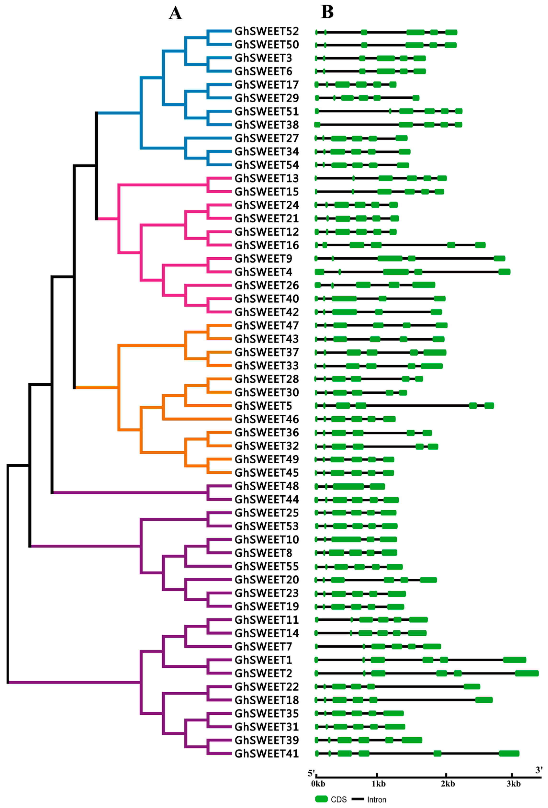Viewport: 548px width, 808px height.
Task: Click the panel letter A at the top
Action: pyautogui.click(x=175, y=13)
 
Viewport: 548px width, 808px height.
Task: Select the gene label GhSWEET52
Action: pyautogui.click(x=267, y=31)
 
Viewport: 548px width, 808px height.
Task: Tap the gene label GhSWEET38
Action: pyautogui.click(x=267, y=125)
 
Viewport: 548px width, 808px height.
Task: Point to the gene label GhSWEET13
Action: pyautogui.click(x=267, y=178)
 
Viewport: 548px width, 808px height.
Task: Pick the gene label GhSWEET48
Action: pyautogui.click(x=267, y=486)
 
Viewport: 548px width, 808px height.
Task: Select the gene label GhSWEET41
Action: pyautogui.click(x=267, y=753)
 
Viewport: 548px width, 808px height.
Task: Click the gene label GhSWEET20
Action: pyautogui.click(x=267, y=580)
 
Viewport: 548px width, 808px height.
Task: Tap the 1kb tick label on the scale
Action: pyautogui.click(x=378, y=784)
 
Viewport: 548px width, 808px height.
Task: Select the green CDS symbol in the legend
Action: pyautogui.click(x=321, y=799)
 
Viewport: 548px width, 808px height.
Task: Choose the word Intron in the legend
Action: pyautogui.click(x=377, y=800)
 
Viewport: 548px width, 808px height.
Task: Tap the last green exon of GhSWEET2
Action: pyautogui.click(x=526, y=673)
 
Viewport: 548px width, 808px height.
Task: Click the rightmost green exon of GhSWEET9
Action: pyautogui.click(x=499, y=258)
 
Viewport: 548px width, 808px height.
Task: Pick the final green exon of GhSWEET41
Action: pyautogui.click(x=509, y=753)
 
